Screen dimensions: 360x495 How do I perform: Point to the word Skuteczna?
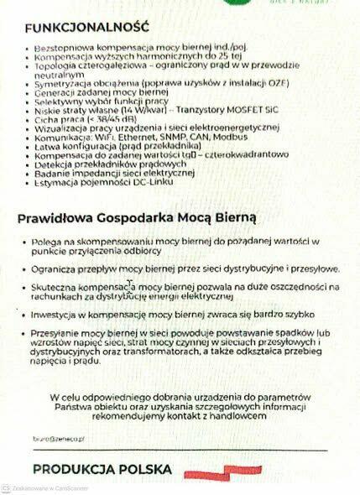tap(56, 288)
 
